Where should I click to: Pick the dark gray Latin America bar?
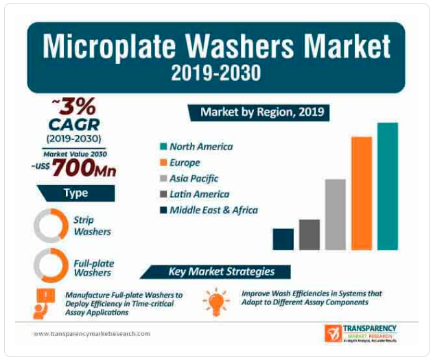pyautogui.click(x=309, y=234)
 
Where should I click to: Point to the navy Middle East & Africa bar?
pyautogui.click(x=283, y=239)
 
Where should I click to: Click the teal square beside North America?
pyautogui.click(x=163, y=146)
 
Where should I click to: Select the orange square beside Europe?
pyautogui.click(x=163, y=163)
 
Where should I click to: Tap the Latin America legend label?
pyautogui.click(x=199, y=194)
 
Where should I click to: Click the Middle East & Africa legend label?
pyautogui.click(x=213, y=210)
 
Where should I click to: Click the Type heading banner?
pyautogui.click(x=75, y=193)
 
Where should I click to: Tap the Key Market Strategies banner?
pyautogui.click(x=221, y=271)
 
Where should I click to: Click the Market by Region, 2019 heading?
pyautogui.click(x=261, y=111)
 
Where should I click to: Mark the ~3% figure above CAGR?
pyautogui.click(x=73, y=107)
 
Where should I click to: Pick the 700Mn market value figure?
pyautogui.click(x=83, y=167)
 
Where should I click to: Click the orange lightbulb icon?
pyautogui.click(x=216, y=300)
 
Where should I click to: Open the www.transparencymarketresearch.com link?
pyautogui.click(x=91, y=334)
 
